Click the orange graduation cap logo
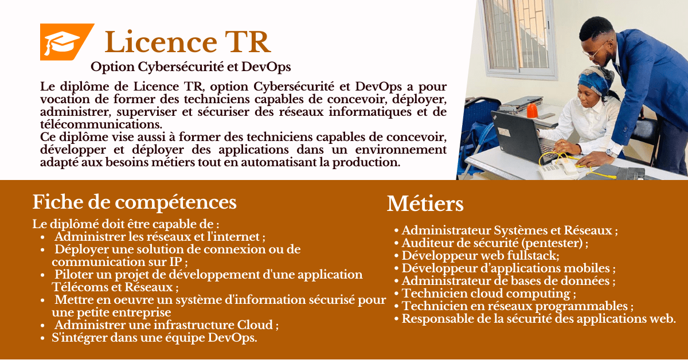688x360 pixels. click(x=67, y=42)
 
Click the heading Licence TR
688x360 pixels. click(x=187, y=42)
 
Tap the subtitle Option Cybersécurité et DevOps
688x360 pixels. click(x=191, y=67)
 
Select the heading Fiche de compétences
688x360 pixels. click(x=135, y=202)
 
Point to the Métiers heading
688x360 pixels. click(x=425, y=204)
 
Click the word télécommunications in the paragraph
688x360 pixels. click(x=101, y=124)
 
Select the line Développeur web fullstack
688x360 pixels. click(x=480, y=256)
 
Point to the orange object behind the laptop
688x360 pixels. click(x=532, y=111)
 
